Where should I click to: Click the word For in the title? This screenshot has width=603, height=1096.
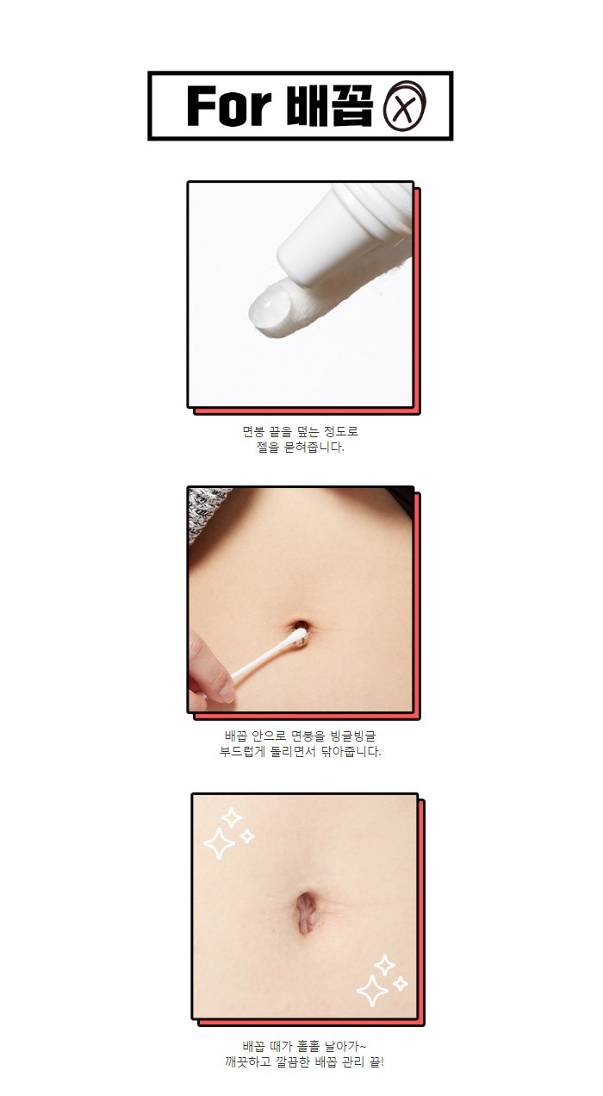(x=228, y=106)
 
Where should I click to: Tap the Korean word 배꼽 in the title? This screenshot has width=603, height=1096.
(x=330, y=106)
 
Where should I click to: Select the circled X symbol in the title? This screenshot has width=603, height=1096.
(x=405, y=106)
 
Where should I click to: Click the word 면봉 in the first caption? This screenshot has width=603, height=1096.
(x=253, y=431)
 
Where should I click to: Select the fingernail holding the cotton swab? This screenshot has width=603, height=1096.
(x=227, y=692)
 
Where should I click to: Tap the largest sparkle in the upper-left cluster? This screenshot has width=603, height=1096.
(x=219, y=843)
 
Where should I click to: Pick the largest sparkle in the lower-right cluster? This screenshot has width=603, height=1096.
(x=372, y=991)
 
